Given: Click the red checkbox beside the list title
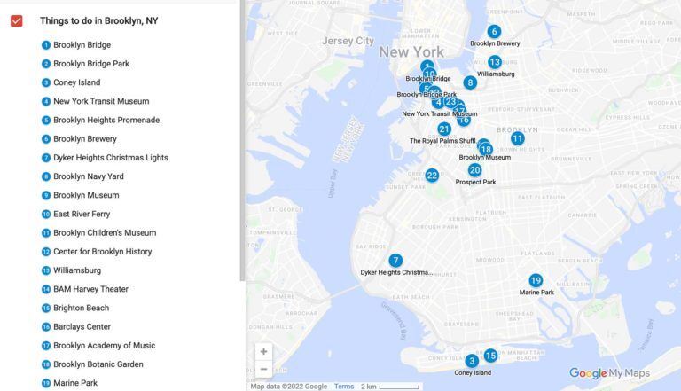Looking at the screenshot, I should pos(16,20).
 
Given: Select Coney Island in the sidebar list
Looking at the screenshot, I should pos(76,82).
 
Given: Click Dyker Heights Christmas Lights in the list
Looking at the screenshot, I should pos(110,158).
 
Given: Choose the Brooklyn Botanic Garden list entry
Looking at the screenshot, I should pos(98,364).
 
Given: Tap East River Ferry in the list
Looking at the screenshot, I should pos(82,214).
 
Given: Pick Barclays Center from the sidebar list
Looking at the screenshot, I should pos(82,326).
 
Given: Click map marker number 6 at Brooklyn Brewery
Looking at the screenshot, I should pos(494,32).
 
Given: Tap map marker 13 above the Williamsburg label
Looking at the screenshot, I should pos(495,62).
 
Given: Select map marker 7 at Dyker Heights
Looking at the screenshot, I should pos(395,261).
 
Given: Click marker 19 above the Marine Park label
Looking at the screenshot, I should pos(536,280).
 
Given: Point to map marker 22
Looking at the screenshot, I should pos(432,176).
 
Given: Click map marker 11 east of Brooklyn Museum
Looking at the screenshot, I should pos(517,138).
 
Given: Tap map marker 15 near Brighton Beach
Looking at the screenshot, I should pos(490,356).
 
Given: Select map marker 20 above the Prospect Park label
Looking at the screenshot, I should pos(475,170).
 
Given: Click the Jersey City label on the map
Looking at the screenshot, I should pos(348,41).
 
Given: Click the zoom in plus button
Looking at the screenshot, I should pos(263,352).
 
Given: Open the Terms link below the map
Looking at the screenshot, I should pos(344,387).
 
